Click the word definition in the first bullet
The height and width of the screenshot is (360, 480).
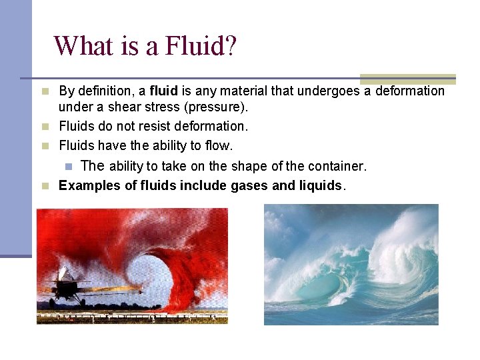pos(107,91)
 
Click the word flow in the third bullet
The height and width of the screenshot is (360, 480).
pos(219,145)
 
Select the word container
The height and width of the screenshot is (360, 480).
pos(336,166)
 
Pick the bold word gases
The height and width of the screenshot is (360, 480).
pos(249,185)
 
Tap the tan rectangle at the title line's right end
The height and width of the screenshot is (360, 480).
pos(407,79)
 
